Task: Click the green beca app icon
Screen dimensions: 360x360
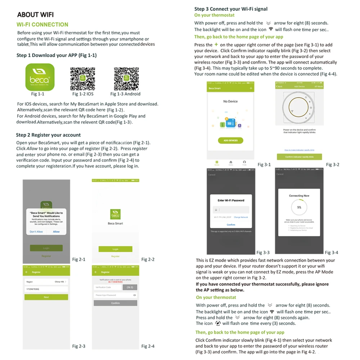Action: [x=40, y=77]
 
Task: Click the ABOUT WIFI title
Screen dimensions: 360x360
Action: [x=35, y=15]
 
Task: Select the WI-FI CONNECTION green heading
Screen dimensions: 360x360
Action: [x=42, y=25]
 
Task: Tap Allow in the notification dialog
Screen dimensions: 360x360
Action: [x=57, y=231]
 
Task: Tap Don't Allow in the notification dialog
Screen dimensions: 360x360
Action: [x=36, y=231]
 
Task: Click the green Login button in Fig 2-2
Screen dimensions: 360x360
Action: [x=115, y=249]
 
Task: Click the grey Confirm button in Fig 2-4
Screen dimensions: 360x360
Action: [x=115, y=303]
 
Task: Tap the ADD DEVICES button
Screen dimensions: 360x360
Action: [x=230, y=140]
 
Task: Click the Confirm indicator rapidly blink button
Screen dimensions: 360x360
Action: [x=300, y=157]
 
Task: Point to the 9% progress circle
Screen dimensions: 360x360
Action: [x=299, y=207]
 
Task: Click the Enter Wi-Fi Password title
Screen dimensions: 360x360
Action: [x=231, y=201]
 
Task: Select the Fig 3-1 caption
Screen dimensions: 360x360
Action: [x=264, y=165]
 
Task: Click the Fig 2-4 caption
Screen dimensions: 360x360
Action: [x=148, y=346]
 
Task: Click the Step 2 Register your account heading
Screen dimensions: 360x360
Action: [x=48, y=135]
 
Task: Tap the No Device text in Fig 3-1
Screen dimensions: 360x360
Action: [x=230, y=102]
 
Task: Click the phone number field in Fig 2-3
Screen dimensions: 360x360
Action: [x=46, y=289]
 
